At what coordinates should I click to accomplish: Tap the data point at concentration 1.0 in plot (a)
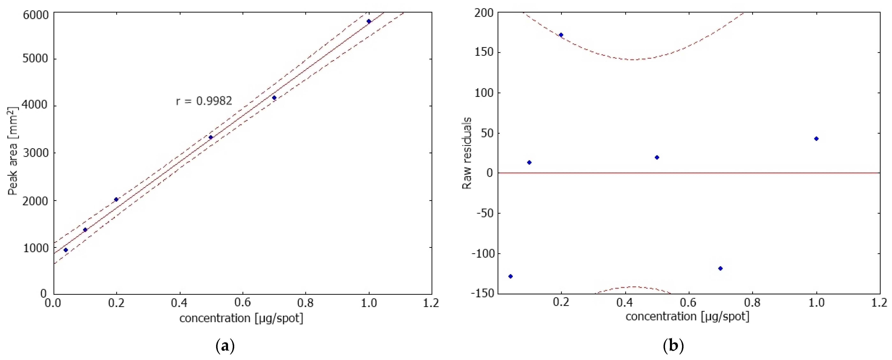(x=369, y=21)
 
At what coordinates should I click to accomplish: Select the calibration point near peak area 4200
(x=274, y=98)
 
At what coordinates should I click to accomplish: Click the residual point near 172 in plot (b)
(x=561, y=35)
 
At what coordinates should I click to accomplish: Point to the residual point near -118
(x=720, y=268)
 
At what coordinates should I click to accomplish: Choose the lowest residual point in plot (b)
(x=510, y=276)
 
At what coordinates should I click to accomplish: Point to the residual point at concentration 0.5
(x=657, y=157)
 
